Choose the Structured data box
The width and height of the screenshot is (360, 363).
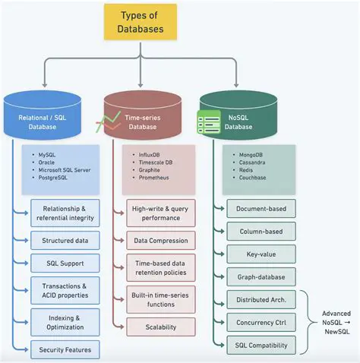[x=65, y=241]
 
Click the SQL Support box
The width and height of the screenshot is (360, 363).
[x=65, y=264]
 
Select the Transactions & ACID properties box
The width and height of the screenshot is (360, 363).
[x=65, y=291]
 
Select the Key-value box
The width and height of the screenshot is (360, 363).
[x=261, y=254]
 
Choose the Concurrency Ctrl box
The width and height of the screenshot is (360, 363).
[x=261, y=323]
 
